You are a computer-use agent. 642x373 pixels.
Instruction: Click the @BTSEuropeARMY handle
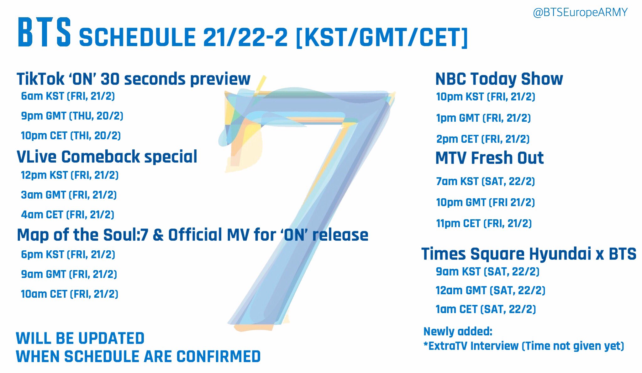click(580, 12)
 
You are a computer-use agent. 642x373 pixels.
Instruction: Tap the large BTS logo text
click(44, 33)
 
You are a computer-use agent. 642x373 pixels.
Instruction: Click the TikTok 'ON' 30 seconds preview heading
click(134, 79)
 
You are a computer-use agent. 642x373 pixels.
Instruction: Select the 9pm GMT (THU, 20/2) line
click(72, 116)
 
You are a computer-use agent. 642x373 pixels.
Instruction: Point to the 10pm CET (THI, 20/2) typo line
click(71, 136)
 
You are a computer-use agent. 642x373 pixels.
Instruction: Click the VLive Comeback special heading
click(107, 157)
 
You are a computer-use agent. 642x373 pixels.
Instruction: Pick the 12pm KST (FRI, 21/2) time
click(70, 175)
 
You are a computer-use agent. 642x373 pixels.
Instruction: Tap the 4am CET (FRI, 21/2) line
click(67, 215)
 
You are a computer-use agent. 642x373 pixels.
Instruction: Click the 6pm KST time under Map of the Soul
click(68, 254)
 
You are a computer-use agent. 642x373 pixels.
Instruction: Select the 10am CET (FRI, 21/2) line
click(70, 294)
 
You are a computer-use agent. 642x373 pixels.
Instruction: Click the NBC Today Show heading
click(499, 79)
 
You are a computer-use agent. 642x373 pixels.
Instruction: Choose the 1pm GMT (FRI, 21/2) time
click(483, 118)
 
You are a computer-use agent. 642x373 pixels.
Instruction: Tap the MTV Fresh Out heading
click(490, 158)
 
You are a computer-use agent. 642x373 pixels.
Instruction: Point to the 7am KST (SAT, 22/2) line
click(485, 181)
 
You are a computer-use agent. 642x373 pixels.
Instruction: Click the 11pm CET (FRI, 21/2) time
click(484, 223)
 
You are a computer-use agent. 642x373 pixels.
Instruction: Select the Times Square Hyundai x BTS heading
click(529, 254)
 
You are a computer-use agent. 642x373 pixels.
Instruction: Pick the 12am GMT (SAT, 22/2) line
click(490, 290)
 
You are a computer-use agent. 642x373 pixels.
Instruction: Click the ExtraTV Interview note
click(524, 346)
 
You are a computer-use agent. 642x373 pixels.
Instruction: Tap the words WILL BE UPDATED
click(80, 338)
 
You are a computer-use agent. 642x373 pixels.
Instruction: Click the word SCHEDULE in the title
click(137, 37)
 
